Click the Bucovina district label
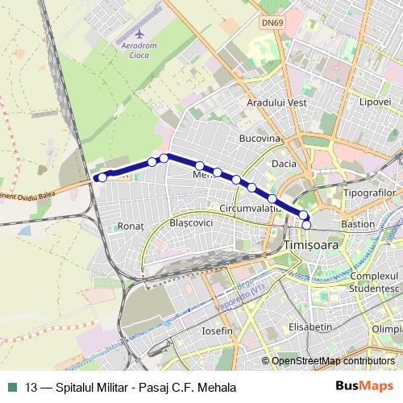tap(258, 139)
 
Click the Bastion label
tap(358, 223)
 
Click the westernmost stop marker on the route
tap(102, 177)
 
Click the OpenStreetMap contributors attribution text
tap(332, 362)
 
